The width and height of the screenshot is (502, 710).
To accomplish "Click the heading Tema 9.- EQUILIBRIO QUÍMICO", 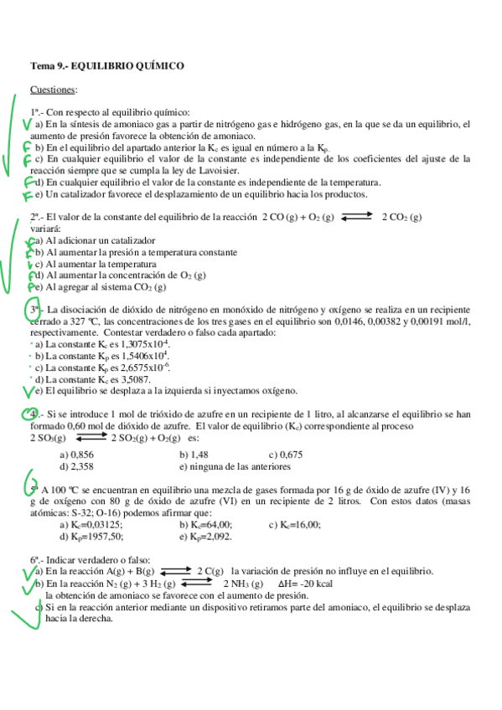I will point(107,65).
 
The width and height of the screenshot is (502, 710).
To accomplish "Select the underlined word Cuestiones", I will point(54,89).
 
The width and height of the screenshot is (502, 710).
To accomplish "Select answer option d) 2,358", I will point(77,466).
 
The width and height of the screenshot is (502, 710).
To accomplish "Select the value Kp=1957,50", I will point(91,537).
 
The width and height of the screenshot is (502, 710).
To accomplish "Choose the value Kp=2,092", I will point(206,537).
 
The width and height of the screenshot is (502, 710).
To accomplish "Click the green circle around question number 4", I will point(31,414).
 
